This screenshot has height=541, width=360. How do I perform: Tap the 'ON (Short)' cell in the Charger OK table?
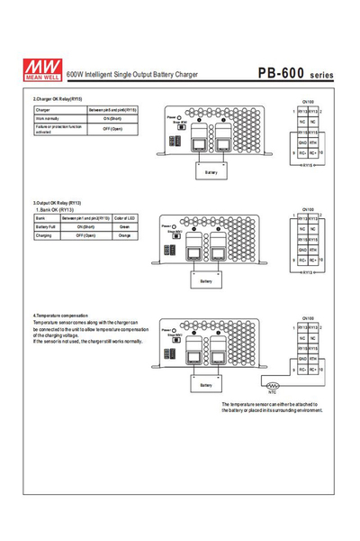point(112,118)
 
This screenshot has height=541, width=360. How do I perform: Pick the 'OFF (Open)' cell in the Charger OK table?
point(112,129)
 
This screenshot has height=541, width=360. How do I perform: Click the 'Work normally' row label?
point(49,118)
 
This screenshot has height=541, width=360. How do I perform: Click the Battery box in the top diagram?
point(211,171)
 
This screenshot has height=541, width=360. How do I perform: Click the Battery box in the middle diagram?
point(206,280)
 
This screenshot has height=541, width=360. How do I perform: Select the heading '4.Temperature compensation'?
point(60,316)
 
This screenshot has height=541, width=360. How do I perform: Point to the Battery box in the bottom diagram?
point(206,385)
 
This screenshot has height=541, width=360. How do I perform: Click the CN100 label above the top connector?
point(308,102)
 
